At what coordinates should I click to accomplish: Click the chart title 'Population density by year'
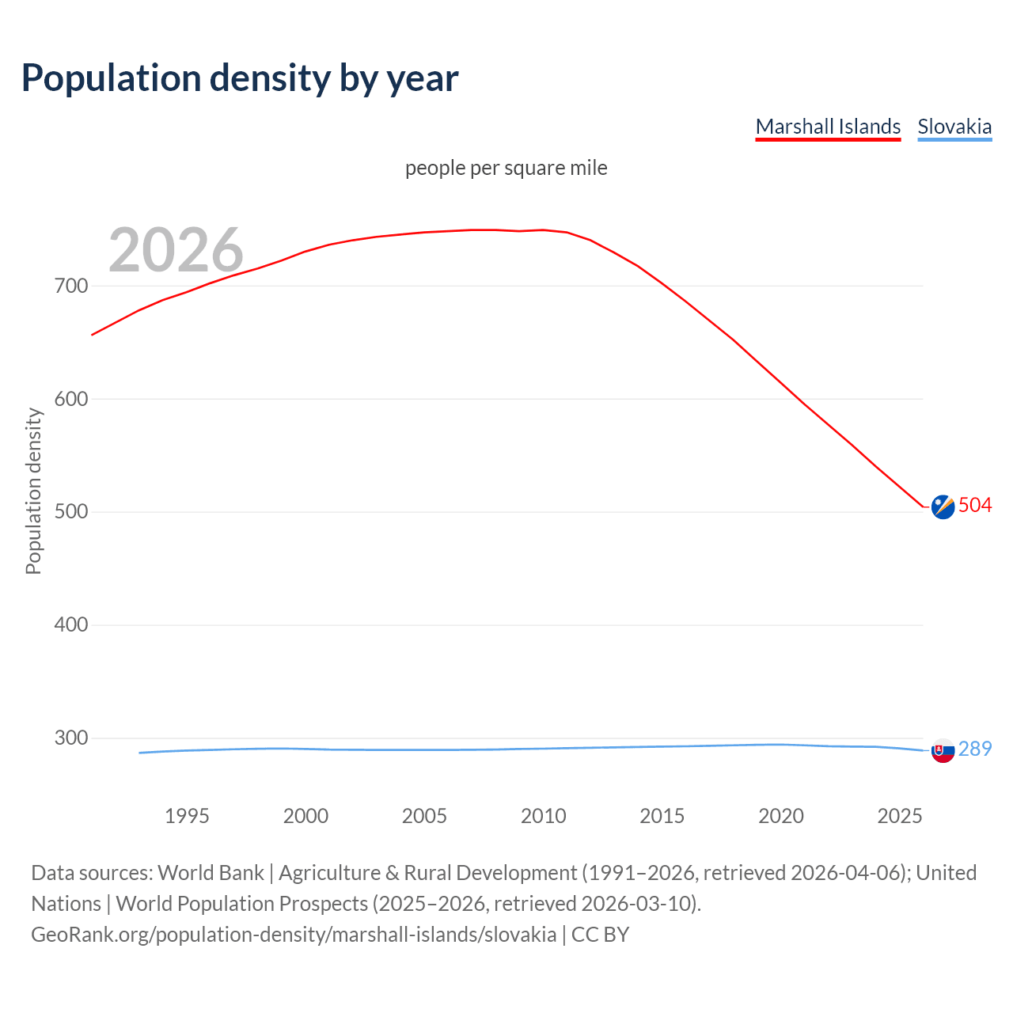click(x=240, y=78)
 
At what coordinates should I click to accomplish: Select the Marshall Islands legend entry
click(x=828, y=127)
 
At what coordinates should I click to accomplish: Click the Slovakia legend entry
click(x=954, y=127)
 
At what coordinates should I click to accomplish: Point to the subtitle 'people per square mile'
click(x=506, y=169)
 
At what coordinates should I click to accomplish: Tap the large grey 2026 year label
click(x=176, y=250)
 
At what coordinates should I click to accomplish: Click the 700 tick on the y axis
click(x=71, y=286)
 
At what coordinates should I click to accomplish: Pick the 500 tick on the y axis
click(x=71, y=511)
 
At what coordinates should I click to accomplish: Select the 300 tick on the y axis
click(x=71, y=738)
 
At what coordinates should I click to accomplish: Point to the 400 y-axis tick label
click(x=71, y=624)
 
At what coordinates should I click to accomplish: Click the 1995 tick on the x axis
click(x=187, y=816)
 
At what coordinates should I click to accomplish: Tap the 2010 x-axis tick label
click(x=544, y=816)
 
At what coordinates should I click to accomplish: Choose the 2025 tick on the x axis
click(x=900, y=816)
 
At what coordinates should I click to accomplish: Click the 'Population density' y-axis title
click(x=33, y=491)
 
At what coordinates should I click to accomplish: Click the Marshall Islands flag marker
click(x=943, y=506)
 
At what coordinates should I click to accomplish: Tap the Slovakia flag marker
click(x=943, y=750)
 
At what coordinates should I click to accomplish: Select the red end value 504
click(x=975, y=505)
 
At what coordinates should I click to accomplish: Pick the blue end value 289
click(x=975, y=749)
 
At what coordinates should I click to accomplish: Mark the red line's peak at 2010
click(x=543, y=230)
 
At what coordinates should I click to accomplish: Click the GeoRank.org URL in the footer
click(x=294, y=935)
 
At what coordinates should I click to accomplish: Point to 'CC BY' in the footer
click(x=601, y=935)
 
